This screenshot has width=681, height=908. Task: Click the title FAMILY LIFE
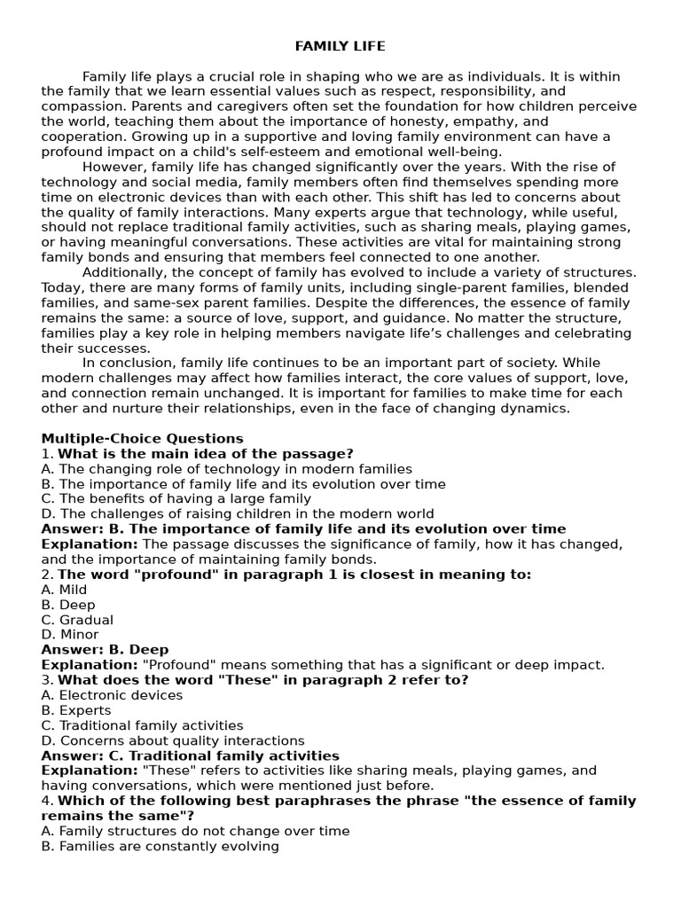tap(340, 46)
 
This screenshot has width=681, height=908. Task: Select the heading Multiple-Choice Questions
tap(142, 438)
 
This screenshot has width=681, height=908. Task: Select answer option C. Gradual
tap(77, 620)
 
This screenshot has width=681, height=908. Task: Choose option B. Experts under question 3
tap(76, 710)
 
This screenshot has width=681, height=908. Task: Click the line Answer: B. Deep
tap(105, 650)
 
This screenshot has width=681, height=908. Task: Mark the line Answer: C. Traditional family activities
tap(190, 755)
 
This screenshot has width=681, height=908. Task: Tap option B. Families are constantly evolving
tap(160, 846)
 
